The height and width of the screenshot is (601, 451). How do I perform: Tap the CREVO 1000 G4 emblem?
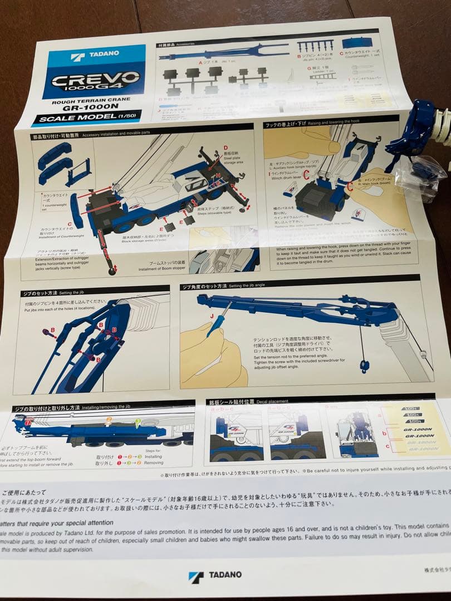95,81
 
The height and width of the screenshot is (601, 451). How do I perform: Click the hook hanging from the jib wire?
364,365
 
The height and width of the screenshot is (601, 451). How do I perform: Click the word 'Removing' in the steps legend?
154,463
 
